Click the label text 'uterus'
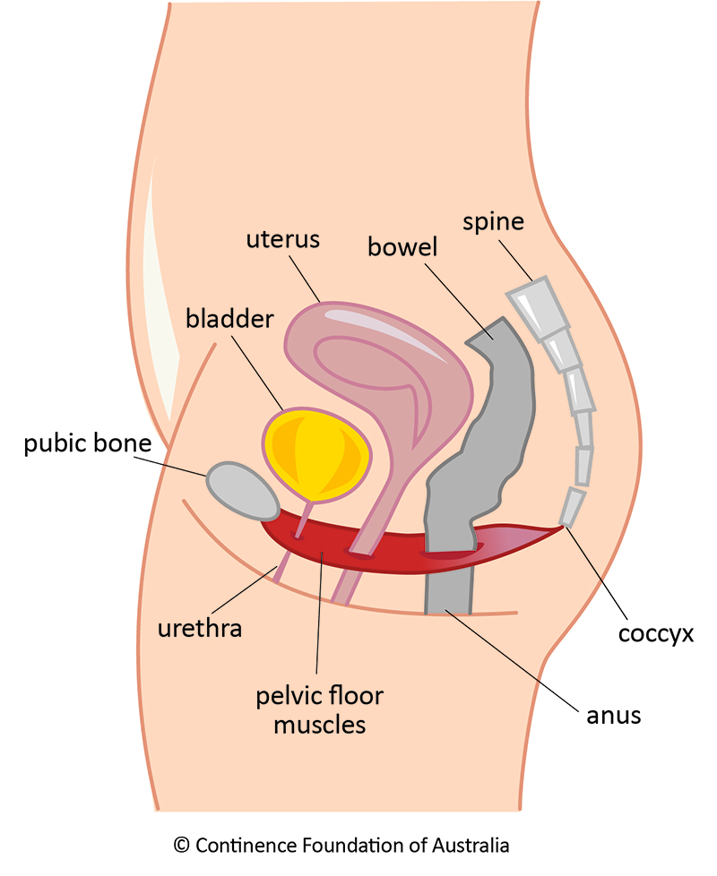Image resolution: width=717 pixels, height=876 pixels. coord(282,241)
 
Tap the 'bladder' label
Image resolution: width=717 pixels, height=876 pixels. coord(229,318)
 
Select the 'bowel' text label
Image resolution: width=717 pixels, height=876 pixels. coord(402,246)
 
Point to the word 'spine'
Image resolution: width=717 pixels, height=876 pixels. coord(493,221)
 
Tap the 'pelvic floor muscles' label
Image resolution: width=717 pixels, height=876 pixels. coord(320,709)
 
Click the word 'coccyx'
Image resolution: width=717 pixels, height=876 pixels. coord(657,634)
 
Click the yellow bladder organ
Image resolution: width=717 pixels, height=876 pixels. coord(315,452)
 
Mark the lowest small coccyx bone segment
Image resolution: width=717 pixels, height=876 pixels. coord(571,507)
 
